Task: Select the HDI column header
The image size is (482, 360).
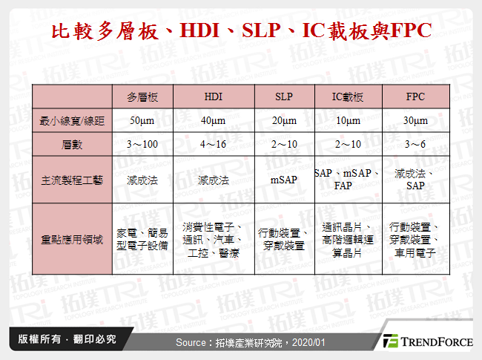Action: coord(214,97)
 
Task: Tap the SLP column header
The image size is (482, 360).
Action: coord(284,97)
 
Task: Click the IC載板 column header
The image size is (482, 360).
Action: coord(348,97)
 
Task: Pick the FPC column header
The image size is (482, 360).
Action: coord(415,97)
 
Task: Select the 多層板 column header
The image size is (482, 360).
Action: coord(142,97)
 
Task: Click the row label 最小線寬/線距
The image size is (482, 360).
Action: coord(72,121)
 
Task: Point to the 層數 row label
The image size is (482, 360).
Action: coord(72,144)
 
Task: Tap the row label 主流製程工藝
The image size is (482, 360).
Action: coord(72,180)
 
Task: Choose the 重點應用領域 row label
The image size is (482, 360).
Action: coord(72,240)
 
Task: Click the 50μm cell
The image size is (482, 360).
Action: coord(142,121)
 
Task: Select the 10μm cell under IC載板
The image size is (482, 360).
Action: coord(348,121)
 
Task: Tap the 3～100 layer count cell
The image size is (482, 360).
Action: coord(142,144)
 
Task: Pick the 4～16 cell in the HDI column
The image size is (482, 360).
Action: coord(214,144)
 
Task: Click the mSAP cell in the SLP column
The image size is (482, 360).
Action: coord(284,180)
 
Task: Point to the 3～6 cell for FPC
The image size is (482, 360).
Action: coord(415,144)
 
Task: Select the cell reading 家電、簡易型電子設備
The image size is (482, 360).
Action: coord(142,239)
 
